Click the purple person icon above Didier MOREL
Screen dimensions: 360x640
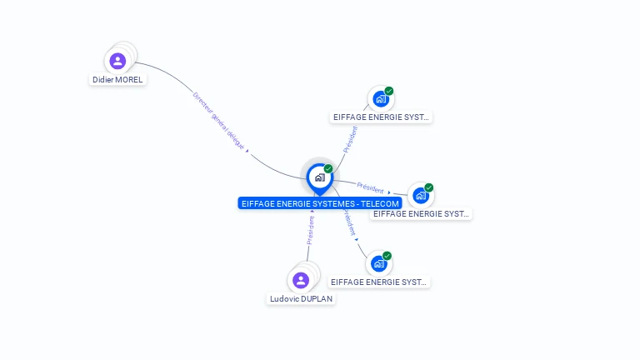[117, 61]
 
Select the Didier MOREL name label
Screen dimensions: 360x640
[117, 80]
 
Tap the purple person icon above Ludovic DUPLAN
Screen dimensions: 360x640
[301, 280]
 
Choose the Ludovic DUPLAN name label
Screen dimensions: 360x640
[301, 298]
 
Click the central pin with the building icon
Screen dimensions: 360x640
[319, 177]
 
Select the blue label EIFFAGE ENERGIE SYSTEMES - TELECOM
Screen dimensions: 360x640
[320, 202]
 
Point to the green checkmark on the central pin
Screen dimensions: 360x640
[328, 169]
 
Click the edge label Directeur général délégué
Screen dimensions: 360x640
[219, 120]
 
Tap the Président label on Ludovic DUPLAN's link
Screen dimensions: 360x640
[311, 230]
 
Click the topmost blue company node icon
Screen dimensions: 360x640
[381, 99]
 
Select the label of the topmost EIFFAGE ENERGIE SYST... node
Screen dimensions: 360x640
[381, 117]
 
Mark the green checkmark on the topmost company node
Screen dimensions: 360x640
[389, 91]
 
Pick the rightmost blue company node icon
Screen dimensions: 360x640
[421, 196]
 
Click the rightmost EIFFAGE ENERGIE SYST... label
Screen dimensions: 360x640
[421, 214]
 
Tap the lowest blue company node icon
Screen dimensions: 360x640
[379, 264]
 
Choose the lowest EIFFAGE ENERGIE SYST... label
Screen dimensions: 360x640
[379, 282]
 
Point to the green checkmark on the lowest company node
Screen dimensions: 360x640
[387, 256]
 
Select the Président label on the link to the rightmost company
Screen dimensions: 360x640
[371, 187]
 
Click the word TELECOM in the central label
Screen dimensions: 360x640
[380, 202]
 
